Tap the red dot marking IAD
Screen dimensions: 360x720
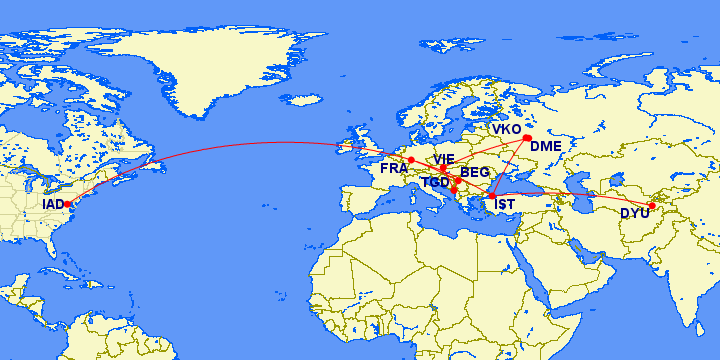click(68, 204)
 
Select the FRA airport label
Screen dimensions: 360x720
click(393, 169)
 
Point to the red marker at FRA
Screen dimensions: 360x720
click(411, 160)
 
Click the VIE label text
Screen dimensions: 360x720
click(444, 159)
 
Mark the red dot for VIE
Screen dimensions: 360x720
click(444, 168)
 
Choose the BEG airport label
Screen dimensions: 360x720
click(475, 173)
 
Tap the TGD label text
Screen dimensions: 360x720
click(435, 183)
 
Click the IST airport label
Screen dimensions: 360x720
click(505, 206)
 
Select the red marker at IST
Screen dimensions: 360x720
click(491, 194)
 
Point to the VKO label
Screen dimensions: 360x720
click(506, 130)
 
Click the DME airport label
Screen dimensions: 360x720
click(547, 146)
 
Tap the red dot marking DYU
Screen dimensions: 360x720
click(652, 206)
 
